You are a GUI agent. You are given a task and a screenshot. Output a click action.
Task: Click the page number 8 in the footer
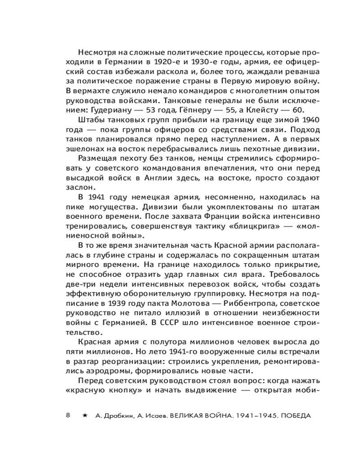click(x=68, y=414)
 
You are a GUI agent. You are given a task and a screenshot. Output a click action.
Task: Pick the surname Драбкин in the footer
click(x=117, y=415)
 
